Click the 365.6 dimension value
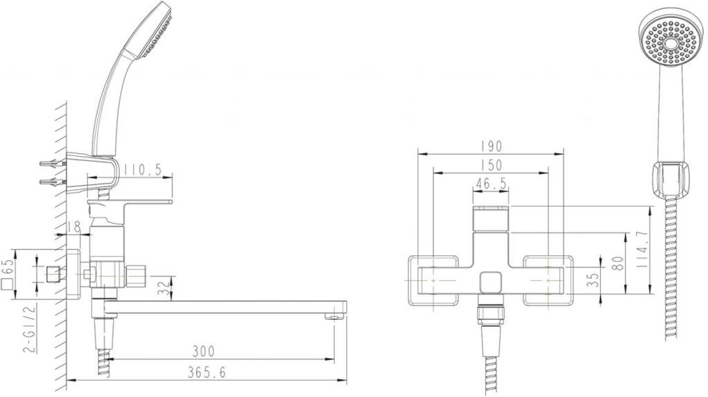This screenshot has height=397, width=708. pos(207,372)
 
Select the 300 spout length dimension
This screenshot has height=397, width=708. pos(204,351)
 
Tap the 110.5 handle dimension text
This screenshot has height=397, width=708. pos(142,170)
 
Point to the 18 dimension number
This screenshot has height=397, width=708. pos(74,227)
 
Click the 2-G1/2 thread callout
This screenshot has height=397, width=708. pos(29,329)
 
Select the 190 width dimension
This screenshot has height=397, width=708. pos(491,146)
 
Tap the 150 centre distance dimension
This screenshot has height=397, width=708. pos(491,165)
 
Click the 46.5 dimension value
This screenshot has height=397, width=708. pos(491,184)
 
